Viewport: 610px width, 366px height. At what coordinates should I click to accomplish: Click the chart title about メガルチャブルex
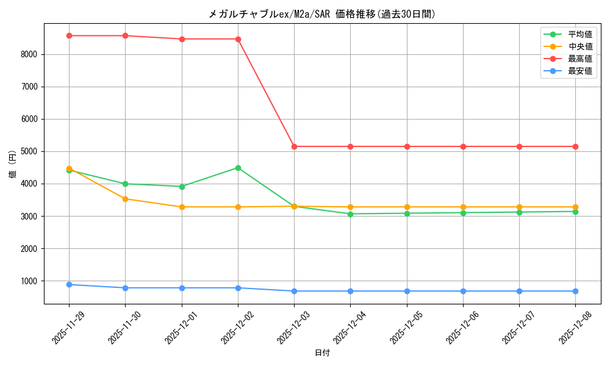pos(322,14)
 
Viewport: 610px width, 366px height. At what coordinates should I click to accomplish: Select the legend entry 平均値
pos(580,34)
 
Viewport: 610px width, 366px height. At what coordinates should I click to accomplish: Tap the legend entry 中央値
pos(580,46)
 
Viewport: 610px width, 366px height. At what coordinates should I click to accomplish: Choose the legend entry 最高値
pos(580,59)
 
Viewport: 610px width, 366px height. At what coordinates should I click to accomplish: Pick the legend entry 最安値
pos(580,71)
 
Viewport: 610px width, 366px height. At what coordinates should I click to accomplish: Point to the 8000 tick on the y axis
pos(29,54)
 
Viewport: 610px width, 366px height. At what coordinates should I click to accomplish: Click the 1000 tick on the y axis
pos(29,281)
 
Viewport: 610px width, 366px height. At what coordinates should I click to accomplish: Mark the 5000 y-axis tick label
pos(29,151)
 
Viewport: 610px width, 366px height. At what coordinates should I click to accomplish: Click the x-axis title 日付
pos(322,353)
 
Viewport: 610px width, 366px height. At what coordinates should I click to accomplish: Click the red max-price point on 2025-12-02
pos(238,39)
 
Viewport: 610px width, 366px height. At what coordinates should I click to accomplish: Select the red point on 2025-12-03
pos(294,146)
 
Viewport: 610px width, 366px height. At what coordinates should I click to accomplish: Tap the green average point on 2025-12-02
pos(238,168)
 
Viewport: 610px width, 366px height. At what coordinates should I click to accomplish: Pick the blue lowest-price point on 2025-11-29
pos(69,284)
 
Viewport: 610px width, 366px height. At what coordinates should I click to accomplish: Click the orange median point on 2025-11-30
pos(125,199)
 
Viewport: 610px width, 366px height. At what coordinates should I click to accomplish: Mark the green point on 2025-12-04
pos(350,214)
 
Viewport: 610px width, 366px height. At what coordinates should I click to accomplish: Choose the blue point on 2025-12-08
pos(575,291)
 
